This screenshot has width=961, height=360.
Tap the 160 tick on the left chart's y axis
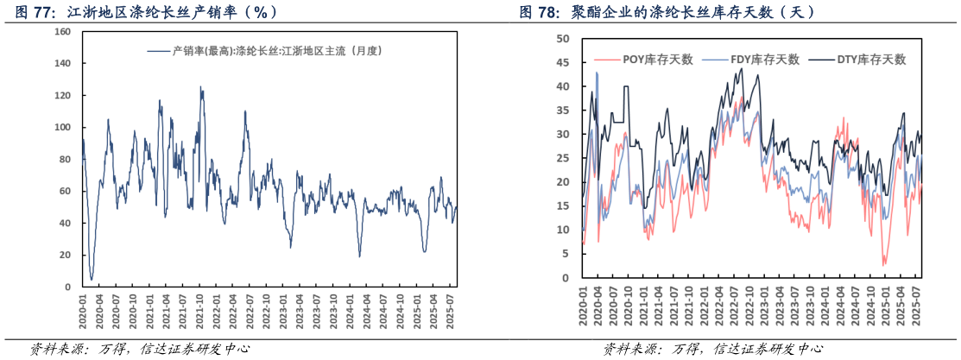coord(62,31)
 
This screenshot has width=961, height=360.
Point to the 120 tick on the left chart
coord(62,95)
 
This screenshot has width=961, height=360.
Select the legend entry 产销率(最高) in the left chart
coord(264,51)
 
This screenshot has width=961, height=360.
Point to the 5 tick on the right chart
coord(564,254)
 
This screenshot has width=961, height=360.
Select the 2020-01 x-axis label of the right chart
coord(584,306)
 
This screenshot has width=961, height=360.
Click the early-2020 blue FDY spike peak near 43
coord(597,73)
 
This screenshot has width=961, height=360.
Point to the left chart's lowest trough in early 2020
coord(92,279)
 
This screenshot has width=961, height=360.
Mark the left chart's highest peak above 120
coord(201,86)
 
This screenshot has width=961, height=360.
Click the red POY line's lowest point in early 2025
coord(883,265)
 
